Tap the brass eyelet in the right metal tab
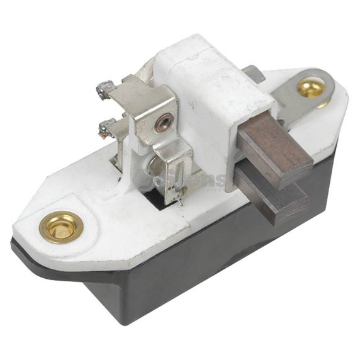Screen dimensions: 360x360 click(x=312, y=87)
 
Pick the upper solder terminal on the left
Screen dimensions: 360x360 click(x=103, y=89)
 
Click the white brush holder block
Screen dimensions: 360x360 click(x=201, y=101)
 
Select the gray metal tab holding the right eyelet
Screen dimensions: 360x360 click(x=296, y=101)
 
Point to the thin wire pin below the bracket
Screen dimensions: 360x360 click(x=180, y=201)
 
